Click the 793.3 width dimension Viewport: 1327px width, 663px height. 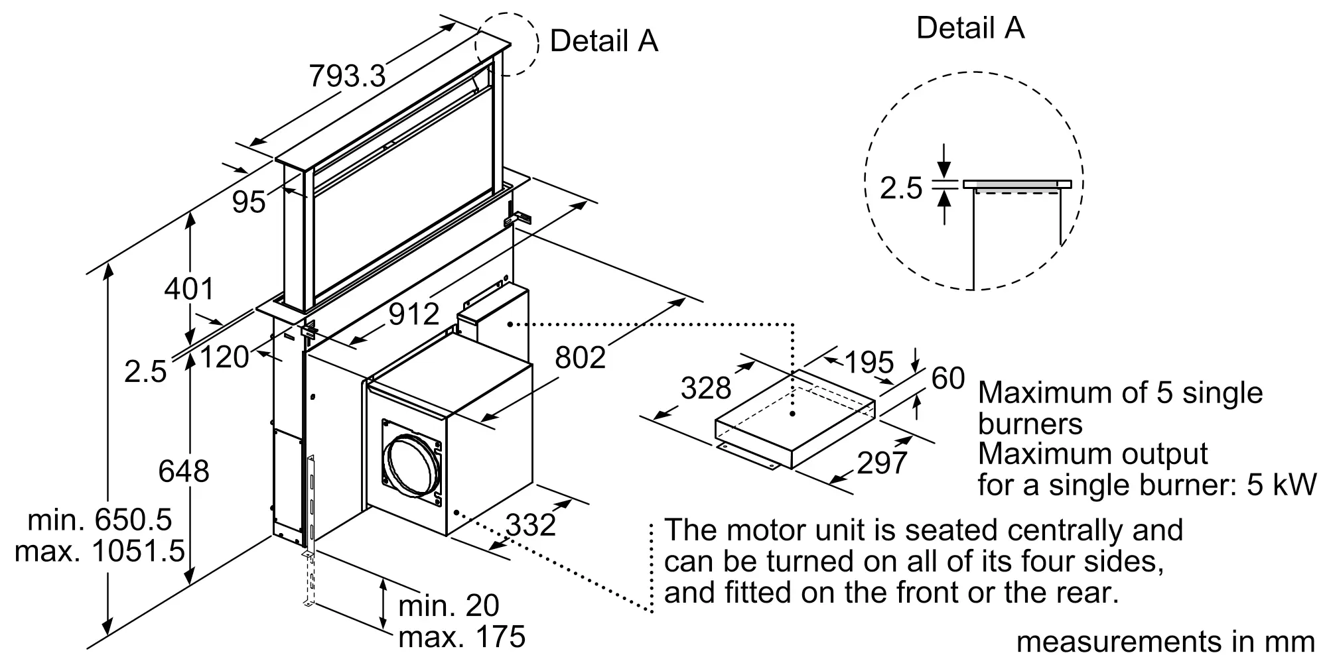(x=347, y=76)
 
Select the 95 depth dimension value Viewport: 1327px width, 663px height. (x=249, y=202)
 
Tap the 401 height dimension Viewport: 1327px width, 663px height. (x=190, y=289)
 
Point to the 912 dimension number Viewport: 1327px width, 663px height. (x=414, y=314)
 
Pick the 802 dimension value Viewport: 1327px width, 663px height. (x=581, y=358)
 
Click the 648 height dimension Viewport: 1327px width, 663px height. (x=184, y=471)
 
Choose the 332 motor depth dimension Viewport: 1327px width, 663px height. (x=531, y=525)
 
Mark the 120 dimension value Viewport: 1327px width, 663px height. (x=224, y=357)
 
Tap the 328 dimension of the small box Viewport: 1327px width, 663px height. (x=706, y=388)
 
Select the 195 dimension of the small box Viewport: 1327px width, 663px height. (x=869, y=362)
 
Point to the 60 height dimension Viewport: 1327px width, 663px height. (x=948, y=379)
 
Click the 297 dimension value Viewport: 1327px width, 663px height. (x=882, y=463)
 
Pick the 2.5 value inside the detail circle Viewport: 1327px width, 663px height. (x=901, y=188)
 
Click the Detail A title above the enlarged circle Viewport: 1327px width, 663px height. (x=970, y=28)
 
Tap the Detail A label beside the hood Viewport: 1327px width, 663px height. (x=604, y=41)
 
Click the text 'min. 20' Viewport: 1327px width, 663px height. (x=449, y=605)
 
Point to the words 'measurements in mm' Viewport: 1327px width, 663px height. (x=1165, y=642)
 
